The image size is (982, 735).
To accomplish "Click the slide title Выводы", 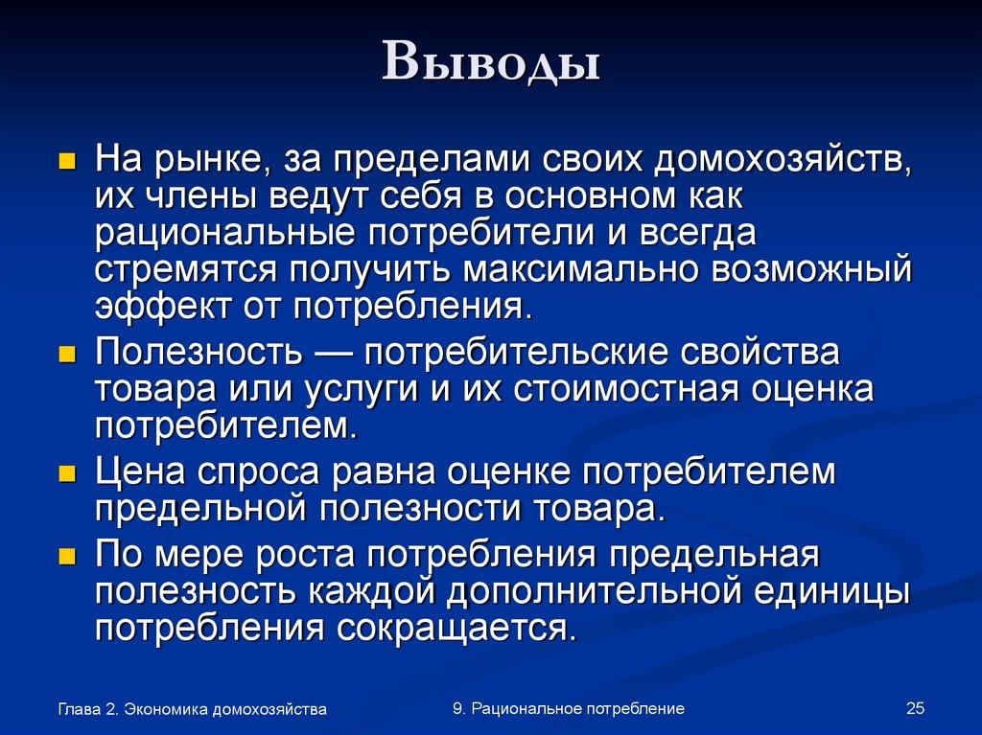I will pyautogui.click(x=491, y=63).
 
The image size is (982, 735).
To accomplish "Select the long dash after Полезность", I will pyautogui.click(x=331, y=353).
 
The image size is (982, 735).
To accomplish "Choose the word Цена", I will pyautogui.click(x=139, y=472).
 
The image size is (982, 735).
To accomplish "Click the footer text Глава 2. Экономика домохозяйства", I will pyautogui.click(x=192, y=709).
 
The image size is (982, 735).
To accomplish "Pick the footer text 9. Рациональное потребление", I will pyautogui.click(x=569, y=708).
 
